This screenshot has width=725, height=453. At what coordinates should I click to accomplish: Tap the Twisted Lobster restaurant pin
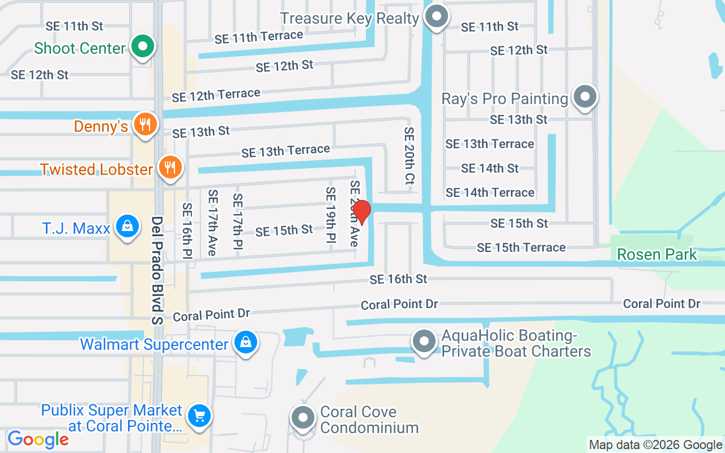tap(169, 167)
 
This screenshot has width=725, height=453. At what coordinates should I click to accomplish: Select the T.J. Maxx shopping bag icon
tap(128, 226)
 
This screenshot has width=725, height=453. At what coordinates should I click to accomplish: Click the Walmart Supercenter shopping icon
tap(246, 342)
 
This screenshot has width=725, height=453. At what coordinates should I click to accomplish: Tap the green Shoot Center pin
tap(143, 46)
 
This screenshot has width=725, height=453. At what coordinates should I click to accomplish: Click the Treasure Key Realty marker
tap(437, 16)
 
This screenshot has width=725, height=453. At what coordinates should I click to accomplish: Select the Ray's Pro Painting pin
tap(585, 97)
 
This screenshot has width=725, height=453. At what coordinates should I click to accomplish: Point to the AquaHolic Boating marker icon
tap(424, 341)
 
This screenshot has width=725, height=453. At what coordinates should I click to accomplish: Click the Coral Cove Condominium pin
tap(303, 418)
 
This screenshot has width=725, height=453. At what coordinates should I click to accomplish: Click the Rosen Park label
tap(657, 254)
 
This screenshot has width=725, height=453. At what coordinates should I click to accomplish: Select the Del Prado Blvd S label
tap(157, 271)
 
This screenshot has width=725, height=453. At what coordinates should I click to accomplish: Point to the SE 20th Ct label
tap(410, 156)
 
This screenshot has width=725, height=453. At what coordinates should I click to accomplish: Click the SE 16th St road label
tap(398, 279)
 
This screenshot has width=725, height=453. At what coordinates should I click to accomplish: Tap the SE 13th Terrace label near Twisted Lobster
tap(285, 151)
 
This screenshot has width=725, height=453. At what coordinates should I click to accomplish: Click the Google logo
tap(38, 439)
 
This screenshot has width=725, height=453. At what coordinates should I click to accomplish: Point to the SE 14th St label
tap(489, 168)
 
